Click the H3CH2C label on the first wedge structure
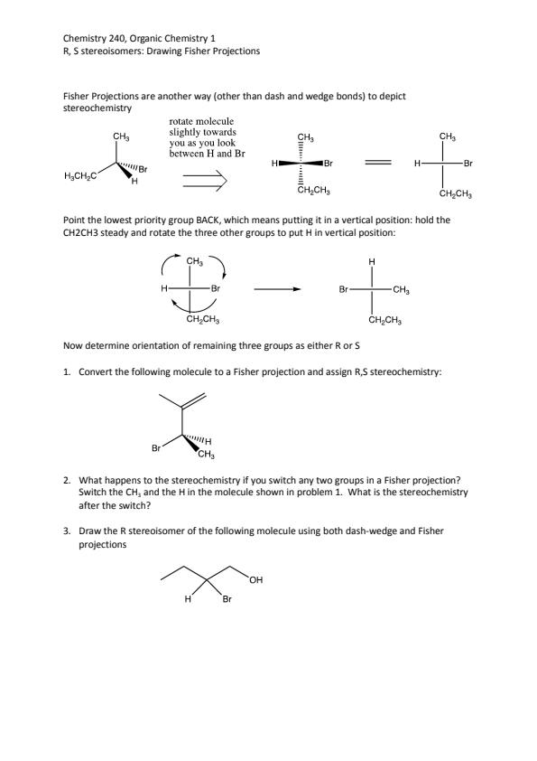tap(80, 176)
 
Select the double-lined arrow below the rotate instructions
tap(205, 180)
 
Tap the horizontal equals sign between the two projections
tap(378, 164)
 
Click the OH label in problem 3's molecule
tap(256, 580)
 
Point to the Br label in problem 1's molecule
tap(156, 448)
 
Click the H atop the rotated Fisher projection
tap(372, 262)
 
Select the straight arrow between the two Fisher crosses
tap(278, 290)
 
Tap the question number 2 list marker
tap(67, 481)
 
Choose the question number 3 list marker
tap(67, 531)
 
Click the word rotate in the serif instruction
tap(181, 121)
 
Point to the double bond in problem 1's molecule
tap(194, 400)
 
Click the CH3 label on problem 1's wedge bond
tap(207, 455)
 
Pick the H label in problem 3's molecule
tap(188, 599)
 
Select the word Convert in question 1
tap(94, 372)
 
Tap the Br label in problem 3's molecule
tap(227, 599)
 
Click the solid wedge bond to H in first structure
tap(124, 170)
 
